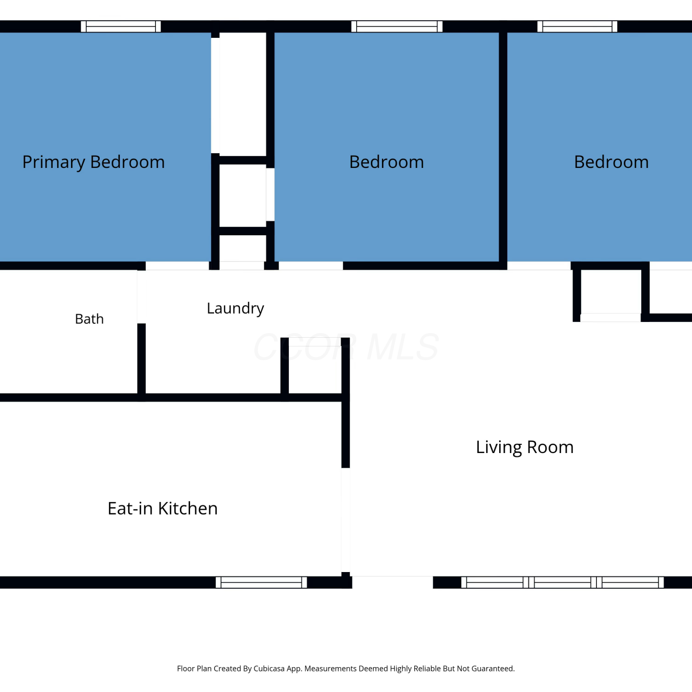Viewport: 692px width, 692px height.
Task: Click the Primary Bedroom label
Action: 94,162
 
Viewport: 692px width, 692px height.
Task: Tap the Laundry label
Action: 235,308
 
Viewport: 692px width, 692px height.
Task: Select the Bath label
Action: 89,319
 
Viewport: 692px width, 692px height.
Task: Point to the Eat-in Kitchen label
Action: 162,508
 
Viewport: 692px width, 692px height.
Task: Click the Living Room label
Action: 525,447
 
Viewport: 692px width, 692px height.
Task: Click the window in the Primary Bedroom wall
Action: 121,26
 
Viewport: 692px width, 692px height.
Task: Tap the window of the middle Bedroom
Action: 397,26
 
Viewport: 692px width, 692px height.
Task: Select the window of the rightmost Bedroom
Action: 577,26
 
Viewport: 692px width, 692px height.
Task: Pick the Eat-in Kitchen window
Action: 261,582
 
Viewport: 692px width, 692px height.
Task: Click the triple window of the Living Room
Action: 562,582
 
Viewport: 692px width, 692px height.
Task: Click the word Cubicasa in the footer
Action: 269,668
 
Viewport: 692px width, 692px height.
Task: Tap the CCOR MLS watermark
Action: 346,347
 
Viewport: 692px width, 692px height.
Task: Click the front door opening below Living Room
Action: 393,582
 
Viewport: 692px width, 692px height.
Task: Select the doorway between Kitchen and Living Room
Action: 346,520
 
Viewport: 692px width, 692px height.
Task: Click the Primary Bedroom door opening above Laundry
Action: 178,266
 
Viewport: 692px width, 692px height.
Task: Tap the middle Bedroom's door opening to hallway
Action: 311,266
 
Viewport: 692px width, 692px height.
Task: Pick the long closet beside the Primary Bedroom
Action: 243,94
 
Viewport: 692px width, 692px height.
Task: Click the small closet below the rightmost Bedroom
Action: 611,292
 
